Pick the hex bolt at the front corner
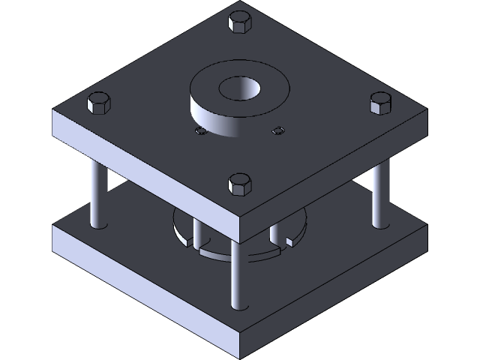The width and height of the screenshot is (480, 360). pos(239,183)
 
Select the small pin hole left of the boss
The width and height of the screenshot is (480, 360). pos(200,131)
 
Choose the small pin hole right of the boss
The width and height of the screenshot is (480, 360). pos(279,130)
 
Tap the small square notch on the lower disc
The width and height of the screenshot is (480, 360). pos(289,240)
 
